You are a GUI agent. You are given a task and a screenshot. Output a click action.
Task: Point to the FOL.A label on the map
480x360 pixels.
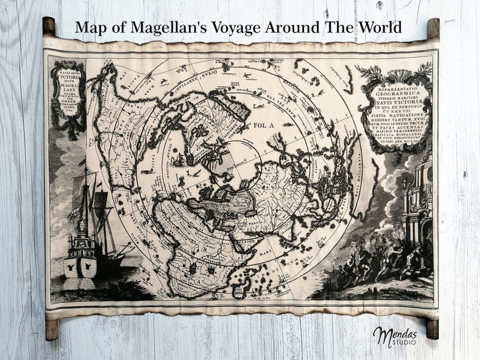pyautogui.click(x=264, y=126)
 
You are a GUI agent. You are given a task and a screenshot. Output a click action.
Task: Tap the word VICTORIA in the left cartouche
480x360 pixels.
pyautogui.click(x=68, y=77)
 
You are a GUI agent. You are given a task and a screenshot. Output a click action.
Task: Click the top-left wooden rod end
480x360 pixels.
pyautogui.click(x=49, y=26)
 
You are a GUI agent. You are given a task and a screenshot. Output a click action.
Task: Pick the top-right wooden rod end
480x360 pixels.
pyautogui.click(x=433, y=28)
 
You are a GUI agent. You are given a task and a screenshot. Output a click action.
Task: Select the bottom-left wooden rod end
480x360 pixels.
pyautogui.click(x=51, y=329)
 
